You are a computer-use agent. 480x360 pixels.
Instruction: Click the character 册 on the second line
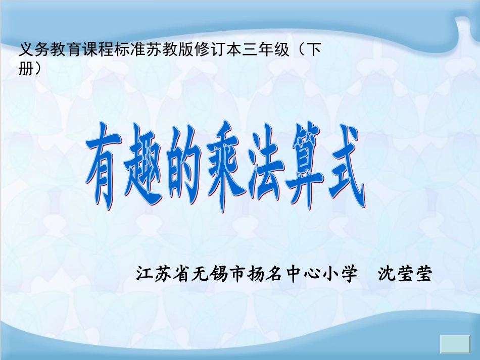25,69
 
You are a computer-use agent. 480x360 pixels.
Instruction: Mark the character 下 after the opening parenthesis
314,51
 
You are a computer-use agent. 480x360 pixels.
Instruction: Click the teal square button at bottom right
456,344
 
